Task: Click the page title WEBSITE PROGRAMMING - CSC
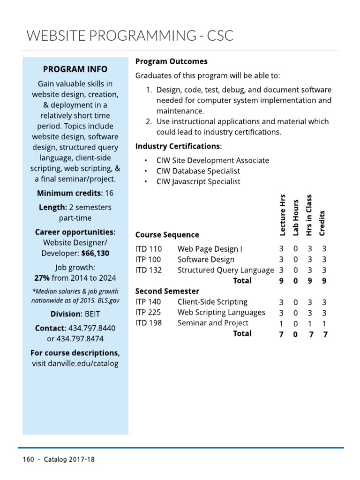[x=130, y=35]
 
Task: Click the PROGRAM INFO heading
[x=75, y=69]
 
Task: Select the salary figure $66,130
[x=95, y=253]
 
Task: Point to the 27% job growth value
[x=42, y=277]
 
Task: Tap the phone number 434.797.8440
[x=92, y=328]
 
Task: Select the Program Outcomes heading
[x=171, y=61]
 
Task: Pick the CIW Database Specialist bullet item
[x=198, y=171]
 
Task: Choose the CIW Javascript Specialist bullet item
[x=198, y=181]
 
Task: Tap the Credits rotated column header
[x=322, y=222]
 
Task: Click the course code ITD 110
[x=148, y=249]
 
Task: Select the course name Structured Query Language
[x=225, y=270]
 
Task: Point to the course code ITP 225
[x=148, y=312]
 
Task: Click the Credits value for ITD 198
[x=324, y=323]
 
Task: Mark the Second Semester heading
[x=167, y=291]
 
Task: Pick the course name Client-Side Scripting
[x=212, y=302]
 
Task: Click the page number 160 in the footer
[x=28, y=459]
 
